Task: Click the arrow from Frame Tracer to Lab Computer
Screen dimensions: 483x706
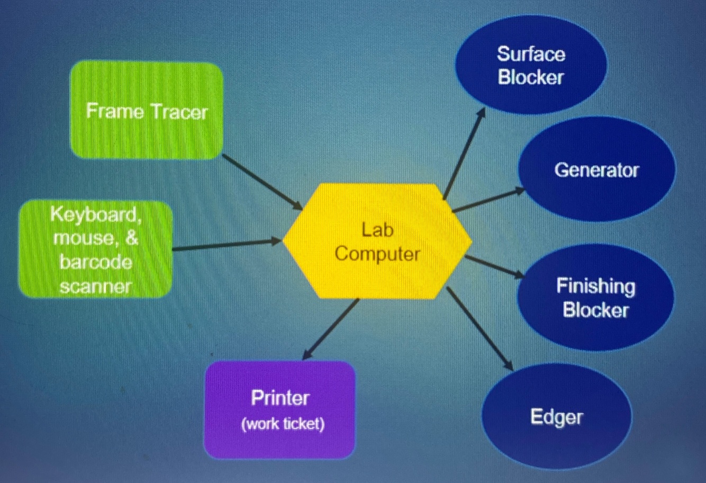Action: [263, 182]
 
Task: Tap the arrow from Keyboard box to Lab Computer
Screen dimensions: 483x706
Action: [227, 245]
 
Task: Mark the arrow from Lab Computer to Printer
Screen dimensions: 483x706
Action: [332, 328]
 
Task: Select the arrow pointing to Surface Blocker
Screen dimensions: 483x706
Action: [464, 154]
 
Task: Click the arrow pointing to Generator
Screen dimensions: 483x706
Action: [488, 200]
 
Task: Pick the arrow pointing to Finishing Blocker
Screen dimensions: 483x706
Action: [494, 266]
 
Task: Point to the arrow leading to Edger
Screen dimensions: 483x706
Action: [479, 328]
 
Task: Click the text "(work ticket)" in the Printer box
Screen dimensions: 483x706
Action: [283, 424]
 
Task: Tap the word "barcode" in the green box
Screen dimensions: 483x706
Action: [96, 262]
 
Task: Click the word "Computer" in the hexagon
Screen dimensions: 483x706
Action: [377, 254]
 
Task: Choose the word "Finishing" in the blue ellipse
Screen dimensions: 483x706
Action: [595, 287]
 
